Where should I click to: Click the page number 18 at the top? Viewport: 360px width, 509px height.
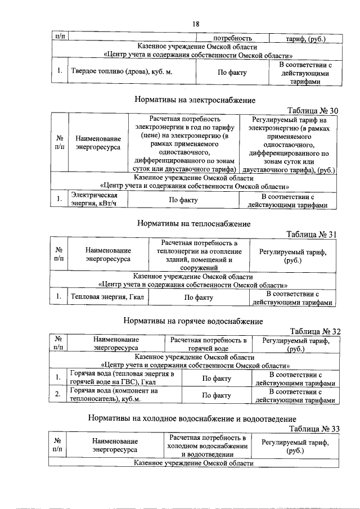click(196, 24)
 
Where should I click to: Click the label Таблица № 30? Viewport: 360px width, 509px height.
click(313, 110)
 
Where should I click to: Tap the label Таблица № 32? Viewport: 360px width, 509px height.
click(314, 331)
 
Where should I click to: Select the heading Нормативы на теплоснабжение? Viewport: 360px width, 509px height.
click(194, 223)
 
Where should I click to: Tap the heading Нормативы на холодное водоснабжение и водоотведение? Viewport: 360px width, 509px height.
click(192, 418)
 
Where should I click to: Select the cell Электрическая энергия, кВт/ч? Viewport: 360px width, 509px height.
click(93, 199)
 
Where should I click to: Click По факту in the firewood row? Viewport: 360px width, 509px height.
click(232, 72)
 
